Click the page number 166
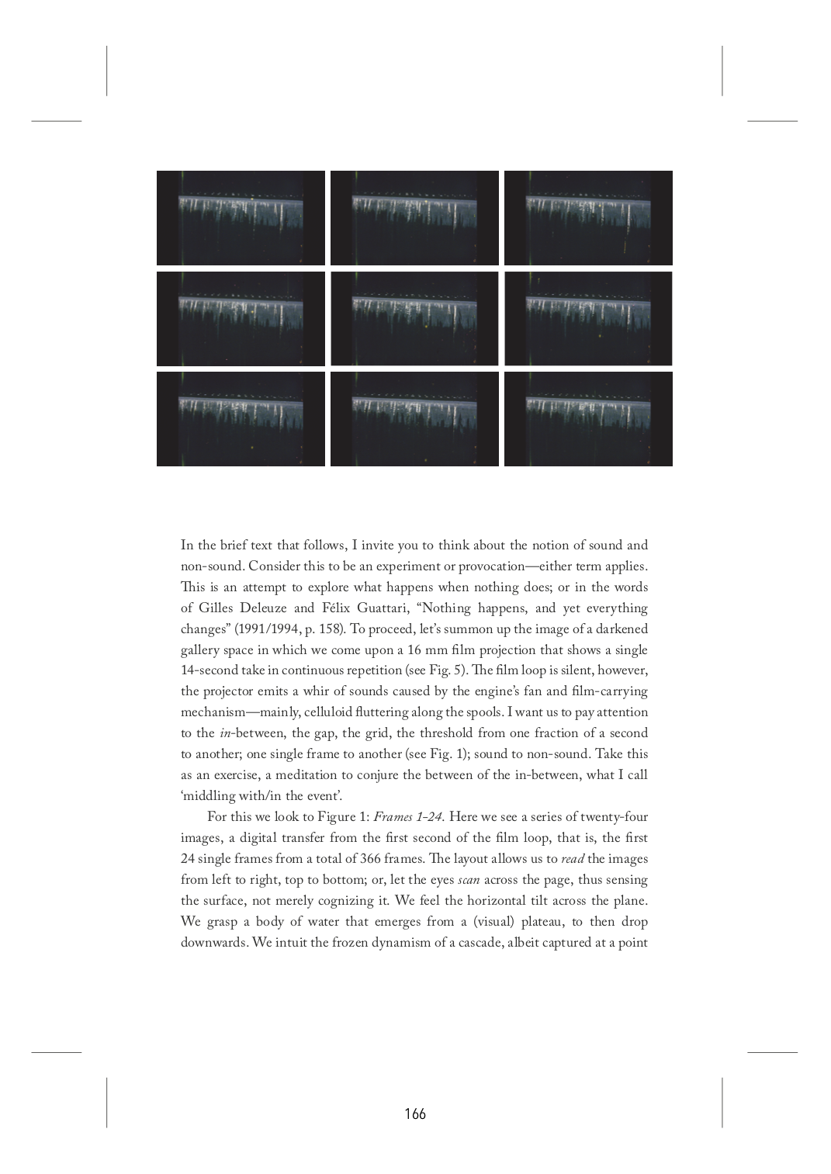pyautogui.click(x=415, y=1114)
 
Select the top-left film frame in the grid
pyautogui.click(x=241, y=218)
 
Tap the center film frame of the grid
pyautogui.click(x=414, y=318)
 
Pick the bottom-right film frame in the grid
pyautogui.click(x=588, y=419)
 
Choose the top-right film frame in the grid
pyautogui.click(x=588, y=218)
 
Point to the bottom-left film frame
pyautogui.click(x=241, y=419)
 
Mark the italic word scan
pyautogui.click(x=469, y=880)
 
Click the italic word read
pyautogui.click(x=573, y=859)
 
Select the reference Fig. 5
pyautogui.click(x=447, y=670)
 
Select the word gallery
pyautogui.click(x=204, y=650)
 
